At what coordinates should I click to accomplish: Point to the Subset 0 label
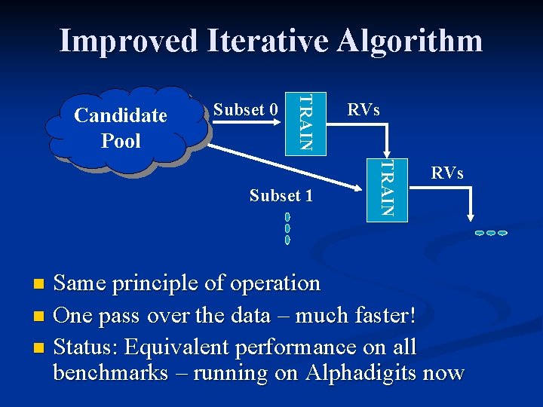[246, 110]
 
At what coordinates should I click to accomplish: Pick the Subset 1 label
[281, 196]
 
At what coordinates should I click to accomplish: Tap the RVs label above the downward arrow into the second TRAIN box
[363, 110]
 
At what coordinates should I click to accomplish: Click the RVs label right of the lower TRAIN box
[446, 174]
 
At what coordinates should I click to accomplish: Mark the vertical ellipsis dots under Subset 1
[287, 228]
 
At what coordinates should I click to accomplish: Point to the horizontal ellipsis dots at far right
[490, 233]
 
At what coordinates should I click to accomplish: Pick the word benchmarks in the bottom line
[111, 373]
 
